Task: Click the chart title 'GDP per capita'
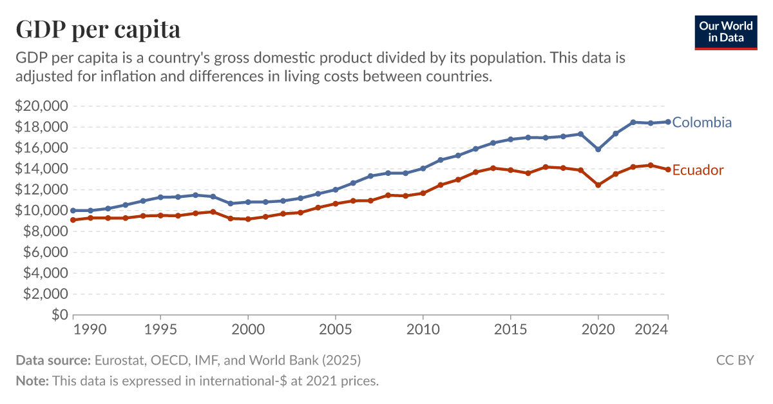[97, 29]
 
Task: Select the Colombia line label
[702, 122]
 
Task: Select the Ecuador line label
[698, 170]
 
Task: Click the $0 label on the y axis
[59, 315]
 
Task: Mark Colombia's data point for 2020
[598, 149]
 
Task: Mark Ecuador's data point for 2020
[598, 185]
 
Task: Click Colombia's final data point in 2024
[668, 122]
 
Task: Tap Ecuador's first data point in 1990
[73, 220]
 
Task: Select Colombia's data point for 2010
[423, 168]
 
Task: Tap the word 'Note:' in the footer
[32, 381]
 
